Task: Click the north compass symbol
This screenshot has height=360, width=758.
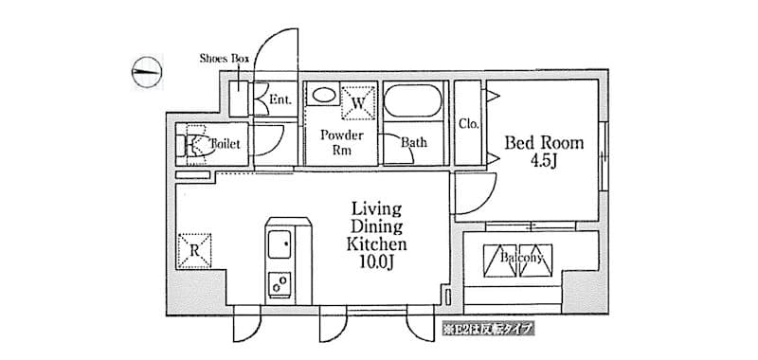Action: [x=147, y=71]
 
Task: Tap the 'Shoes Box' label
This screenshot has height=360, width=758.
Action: [x=224, y=59]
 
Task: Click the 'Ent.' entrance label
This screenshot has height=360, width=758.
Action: [x=280, y=99]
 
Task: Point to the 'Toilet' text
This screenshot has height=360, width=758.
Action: [x=226, y=144]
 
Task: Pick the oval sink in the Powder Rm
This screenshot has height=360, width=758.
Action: [x=323, y=95]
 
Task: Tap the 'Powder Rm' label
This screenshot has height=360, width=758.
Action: [x=335, y=144]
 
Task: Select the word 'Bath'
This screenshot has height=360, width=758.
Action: [x=414, y=144]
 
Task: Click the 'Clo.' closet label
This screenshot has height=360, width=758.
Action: [x=468, y=124]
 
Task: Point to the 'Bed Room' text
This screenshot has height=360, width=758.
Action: [x=543, y=144]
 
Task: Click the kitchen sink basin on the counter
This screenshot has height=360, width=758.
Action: [x=281, y=246]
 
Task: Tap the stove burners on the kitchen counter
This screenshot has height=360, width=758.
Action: [x=281, y=283]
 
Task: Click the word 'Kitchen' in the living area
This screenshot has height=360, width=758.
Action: [x=376, y=244]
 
